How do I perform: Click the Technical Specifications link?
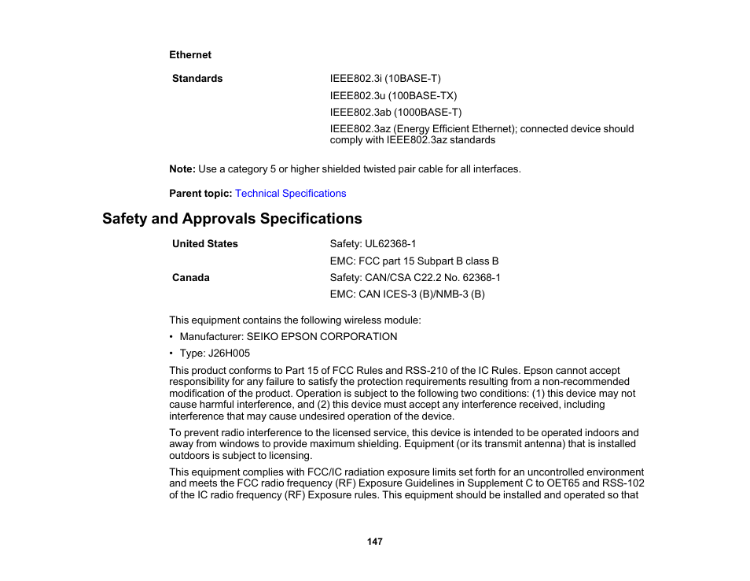pyautogui.click(x=290, y=194)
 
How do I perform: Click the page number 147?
pyautogui.click(x=374, y=542)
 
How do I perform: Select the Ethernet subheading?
pyautogui.click(x=190, y=55)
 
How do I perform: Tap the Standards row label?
pyautogui.click(x=197, y=79)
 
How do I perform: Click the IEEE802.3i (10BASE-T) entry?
pyautogui.click(x=385, y=79)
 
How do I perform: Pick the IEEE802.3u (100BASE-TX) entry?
pyautogui.click(x=393, y=96)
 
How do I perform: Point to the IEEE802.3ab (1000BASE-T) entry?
pyautogui.click(x=395, y=113)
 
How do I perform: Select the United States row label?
pyautogui.click(x=204, y=244)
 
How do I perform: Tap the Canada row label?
pyautogui.click(x=191, y=278)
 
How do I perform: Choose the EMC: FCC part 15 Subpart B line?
pyautogui.click(x=414, y=261)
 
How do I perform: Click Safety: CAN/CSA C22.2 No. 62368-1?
pyautogui.click(x=415, y=278)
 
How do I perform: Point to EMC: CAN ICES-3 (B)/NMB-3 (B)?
pyautogui.click(x=407, y=294)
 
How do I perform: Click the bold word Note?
pyautogui.click(x=182, y=169)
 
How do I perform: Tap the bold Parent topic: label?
pyautogui.click(x=200, y=194)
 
